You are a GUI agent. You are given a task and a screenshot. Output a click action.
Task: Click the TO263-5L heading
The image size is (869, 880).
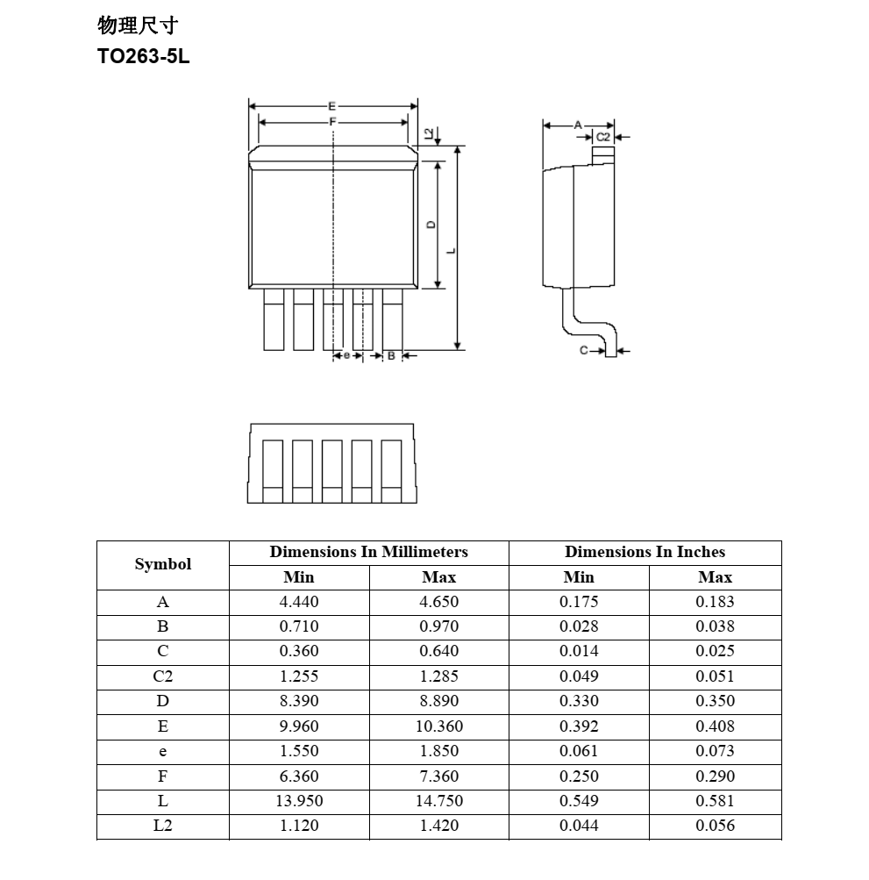pyautogui.click(x=144, y=57)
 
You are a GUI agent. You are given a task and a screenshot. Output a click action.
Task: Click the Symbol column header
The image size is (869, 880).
pyautogui.click(x=163, y=564)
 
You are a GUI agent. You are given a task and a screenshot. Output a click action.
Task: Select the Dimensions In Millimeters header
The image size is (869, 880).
pyautogui.click(x=368, y=552)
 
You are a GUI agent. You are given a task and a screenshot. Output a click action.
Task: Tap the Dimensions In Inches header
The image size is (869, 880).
pyautogui.click(x=645, y=552)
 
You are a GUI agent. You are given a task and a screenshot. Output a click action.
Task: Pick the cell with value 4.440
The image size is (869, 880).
pyautogui.click(x=299, y=602)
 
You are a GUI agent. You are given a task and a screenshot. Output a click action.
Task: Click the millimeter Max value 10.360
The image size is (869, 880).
pyautogui.click(x=439, y=726)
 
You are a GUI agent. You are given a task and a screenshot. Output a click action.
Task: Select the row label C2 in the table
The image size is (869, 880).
pyautogui.click(x=163, y=676)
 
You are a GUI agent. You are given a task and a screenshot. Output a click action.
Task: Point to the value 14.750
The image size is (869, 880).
pyautogui.click(x=439, y=801)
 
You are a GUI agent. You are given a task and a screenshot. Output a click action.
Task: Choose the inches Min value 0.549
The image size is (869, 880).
pyautogui.click(x=579, y=801)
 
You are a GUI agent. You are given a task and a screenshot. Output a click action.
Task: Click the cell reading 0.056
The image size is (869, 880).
pyautogui.click(x=716, y=826)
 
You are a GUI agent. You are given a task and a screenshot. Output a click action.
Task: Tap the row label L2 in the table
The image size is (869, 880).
pyautogui.click(x=163, y=826)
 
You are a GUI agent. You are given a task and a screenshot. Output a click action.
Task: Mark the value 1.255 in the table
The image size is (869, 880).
pyautogui.click(x=299, y=676)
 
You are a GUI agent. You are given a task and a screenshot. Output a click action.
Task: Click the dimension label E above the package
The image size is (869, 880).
pyautogui.click(x=332, y=106)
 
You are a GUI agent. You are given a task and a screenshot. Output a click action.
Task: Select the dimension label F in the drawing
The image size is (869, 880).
pyautogui.click(x=332, y=122)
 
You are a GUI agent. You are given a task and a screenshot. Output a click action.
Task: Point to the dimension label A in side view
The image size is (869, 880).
pyautogui.click(x=578, y=125)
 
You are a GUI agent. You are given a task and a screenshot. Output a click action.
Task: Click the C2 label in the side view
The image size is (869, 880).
pyautogui.click(x=603, y=138)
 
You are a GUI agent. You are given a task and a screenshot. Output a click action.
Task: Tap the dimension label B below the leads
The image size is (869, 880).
pyautogui.click(x=391, y=355)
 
